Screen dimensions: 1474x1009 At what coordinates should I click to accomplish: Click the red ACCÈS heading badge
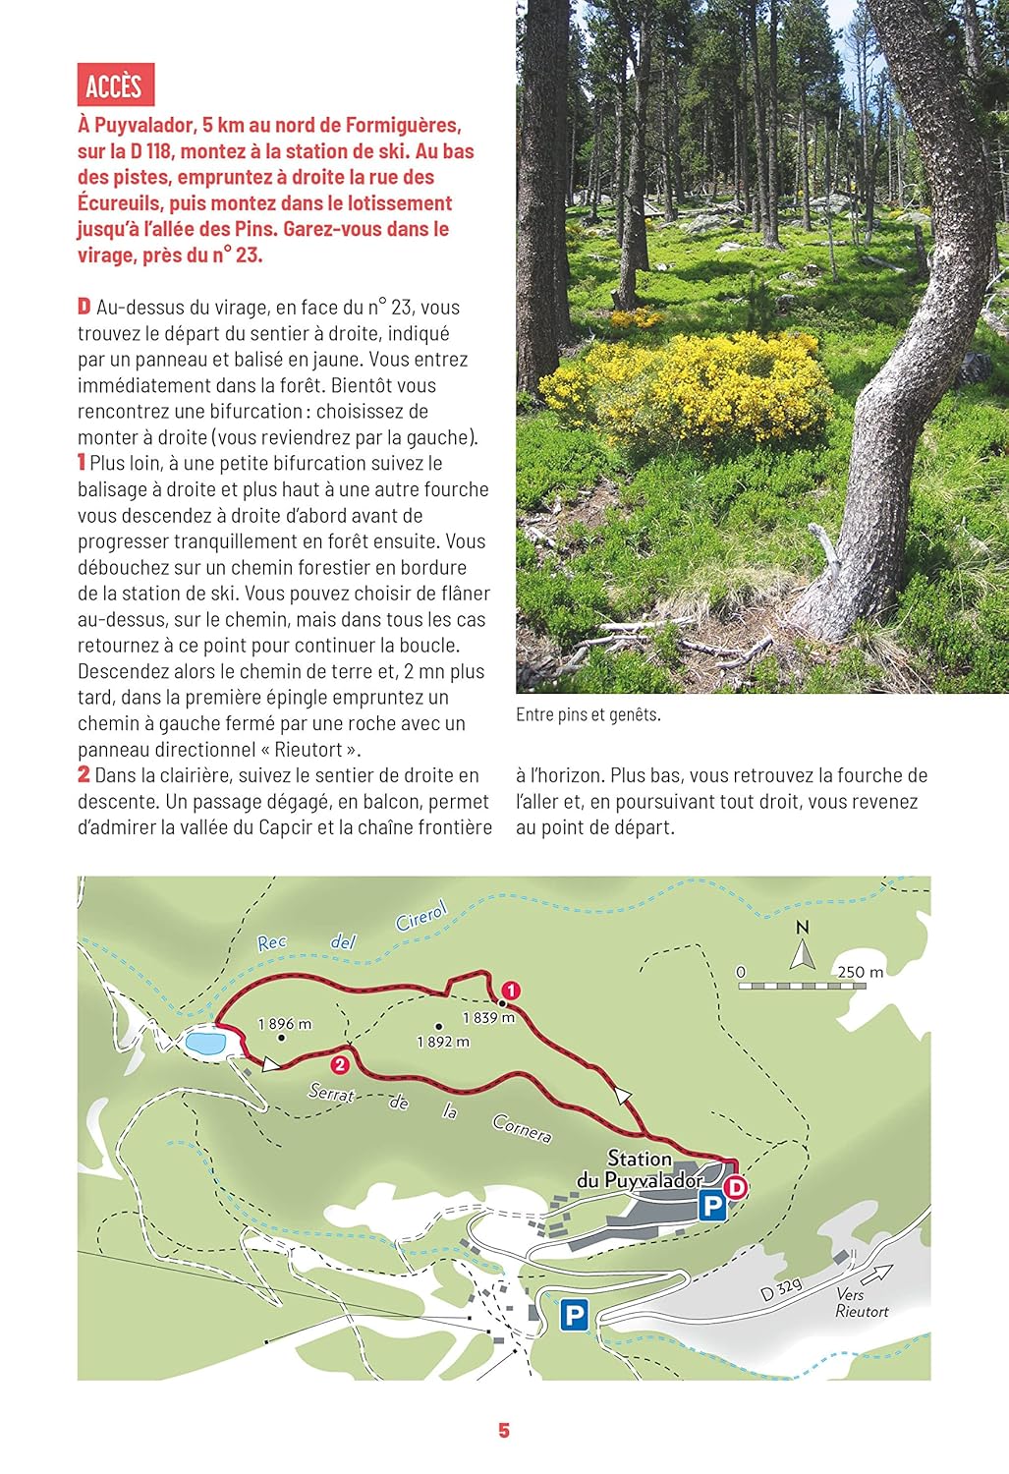tap(115, 85)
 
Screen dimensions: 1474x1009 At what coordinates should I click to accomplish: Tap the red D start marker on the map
tap(735, 1187)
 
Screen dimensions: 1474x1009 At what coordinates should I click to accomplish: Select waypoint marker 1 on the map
tap(510, 990)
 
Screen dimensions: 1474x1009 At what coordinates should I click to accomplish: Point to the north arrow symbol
tap(803, 949)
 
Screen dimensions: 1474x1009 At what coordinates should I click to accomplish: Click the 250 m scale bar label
tap(861, 972)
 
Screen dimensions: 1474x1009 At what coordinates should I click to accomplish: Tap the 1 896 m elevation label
tap(285, 1024)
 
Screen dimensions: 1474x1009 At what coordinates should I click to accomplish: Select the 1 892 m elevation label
tap(443, 1042)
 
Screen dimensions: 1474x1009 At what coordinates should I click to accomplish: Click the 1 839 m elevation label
tap(488, 1018)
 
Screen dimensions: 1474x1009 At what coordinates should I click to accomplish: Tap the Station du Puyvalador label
tap(640, 1169)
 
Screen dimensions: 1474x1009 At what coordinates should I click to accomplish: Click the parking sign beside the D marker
tap(711, 1205)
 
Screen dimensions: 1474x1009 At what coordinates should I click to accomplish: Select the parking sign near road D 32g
tap(574, 1315)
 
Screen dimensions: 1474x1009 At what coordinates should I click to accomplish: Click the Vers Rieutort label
tap(862, 1303)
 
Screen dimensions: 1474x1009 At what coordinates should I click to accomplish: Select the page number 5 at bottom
tap(504, 1431)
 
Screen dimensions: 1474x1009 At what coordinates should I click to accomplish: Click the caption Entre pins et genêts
tap(589, 714)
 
